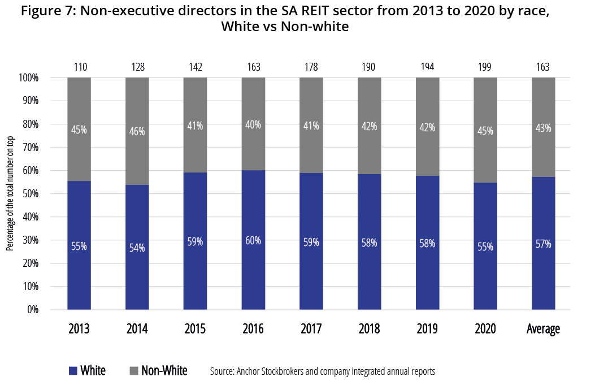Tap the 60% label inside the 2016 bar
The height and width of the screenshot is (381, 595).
pos(253,240)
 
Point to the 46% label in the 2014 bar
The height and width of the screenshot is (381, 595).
pos(137,132)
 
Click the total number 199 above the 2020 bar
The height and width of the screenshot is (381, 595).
pos(485,67)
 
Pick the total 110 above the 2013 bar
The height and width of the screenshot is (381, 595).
pos(79,67)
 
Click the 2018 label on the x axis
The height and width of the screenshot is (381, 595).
pos(370,329)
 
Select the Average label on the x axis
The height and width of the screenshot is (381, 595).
pos(544,329)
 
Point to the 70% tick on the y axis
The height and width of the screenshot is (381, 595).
pos(28,148)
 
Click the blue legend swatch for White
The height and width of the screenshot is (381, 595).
pos(73,371)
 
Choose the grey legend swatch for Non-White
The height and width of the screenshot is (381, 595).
pos(134,371)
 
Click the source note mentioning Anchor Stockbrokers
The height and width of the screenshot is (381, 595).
pos(322,371)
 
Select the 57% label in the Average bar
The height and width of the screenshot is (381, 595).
pos(544,244)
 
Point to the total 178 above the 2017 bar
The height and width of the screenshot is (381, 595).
pos(311,67)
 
